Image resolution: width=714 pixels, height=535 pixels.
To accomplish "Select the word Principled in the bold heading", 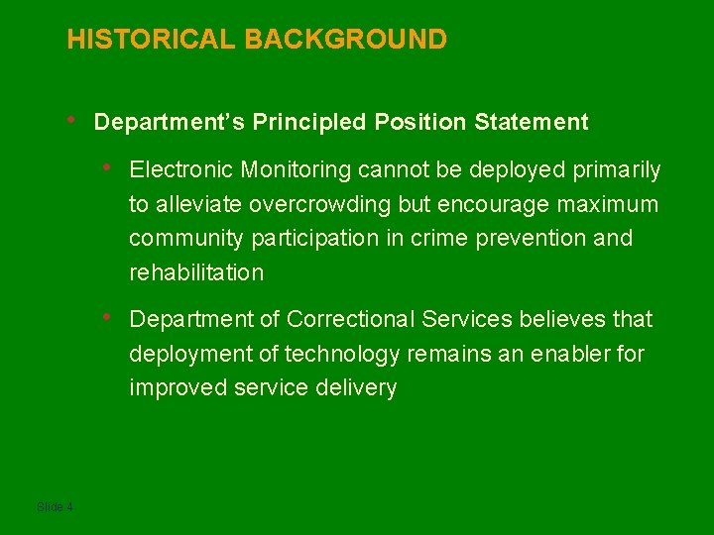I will click(308, 122).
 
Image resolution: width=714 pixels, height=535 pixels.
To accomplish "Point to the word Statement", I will click(532, 122).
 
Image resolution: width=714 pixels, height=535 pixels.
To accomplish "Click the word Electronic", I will click(181, 170).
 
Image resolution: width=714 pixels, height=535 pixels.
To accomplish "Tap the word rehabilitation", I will click(196, 272).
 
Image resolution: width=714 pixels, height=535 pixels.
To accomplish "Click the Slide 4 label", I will click(55, 507).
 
